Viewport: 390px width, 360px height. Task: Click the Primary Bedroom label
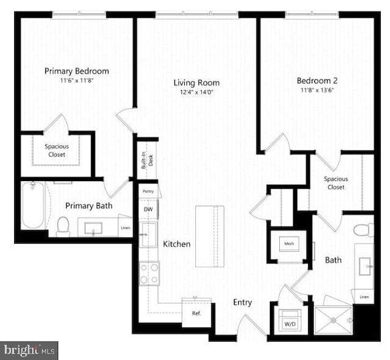[x=77, y=71]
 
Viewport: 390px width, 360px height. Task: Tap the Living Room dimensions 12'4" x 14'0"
[x=196, y=92]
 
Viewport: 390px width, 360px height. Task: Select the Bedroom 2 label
[x=317, y=80]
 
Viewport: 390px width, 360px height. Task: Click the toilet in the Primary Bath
[x=63, y=227]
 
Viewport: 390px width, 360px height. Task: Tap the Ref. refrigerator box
[x=197, y=313]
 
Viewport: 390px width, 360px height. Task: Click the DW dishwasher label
[x=148, y=209]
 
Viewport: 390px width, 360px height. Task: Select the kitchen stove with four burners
[x=149, y=272]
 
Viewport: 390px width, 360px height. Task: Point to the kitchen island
[x=209, y=236]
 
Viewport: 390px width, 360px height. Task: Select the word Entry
[x=242, y=302]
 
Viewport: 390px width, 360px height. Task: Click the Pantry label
[x=148, y=192]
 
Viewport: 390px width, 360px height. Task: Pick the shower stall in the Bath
[x=334, y=318]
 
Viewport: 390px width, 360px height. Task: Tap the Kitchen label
[x=176, y=244]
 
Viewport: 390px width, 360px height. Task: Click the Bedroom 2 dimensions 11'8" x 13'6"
[x=317, y=91]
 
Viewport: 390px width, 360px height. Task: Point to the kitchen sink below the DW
[x=148, y=234]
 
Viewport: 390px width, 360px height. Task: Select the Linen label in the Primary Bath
[x=125, y=228]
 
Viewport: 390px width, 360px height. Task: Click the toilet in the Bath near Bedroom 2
[x=364, y=230]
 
